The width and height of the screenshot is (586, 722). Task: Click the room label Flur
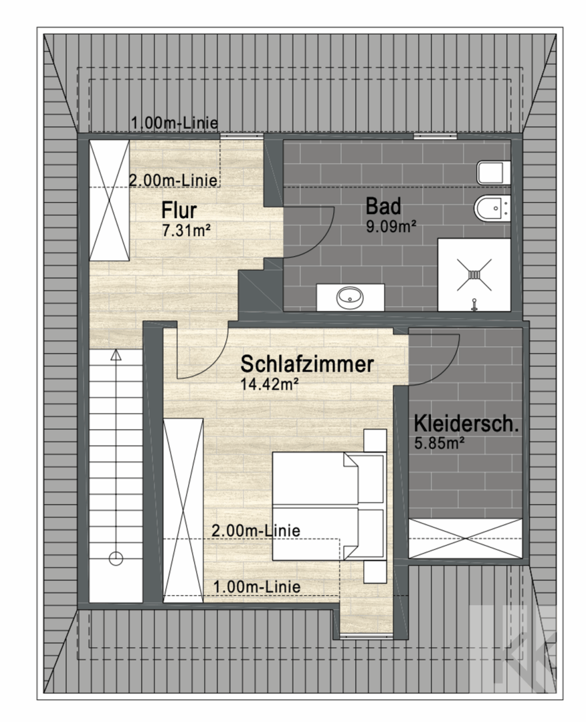pos(179,211)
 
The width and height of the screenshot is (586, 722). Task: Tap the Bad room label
pos(383,207)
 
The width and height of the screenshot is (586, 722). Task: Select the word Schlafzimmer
pos(307,364)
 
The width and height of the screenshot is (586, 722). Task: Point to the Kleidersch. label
pos(466,424)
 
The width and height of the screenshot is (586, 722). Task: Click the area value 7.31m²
pos(186,230)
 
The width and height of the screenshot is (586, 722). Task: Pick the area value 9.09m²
pos(391,226)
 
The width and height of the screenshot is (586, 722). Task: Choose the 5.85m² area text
pos(439,443)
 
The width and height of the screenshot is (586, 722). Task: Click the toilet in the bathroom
pos(494,173)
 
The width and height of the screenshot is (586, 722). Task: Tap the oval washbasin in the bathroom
pos(350,297)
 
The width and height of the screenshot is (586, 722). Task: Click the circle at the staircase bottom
pos(116,558)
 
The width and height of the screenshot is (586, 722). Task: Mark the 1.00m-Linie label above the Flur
pos(175,124)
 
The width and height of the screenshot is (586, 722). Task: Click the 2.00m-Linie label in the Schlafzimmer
pos(256,530)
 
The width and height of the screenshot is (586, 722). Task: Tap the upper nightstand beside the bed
pos(375,441)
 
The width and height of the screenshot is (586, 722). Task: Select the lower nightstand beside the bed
pos(375,572)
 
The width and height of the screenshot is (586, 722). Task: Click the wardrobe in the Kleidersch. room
pos(466,538)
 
